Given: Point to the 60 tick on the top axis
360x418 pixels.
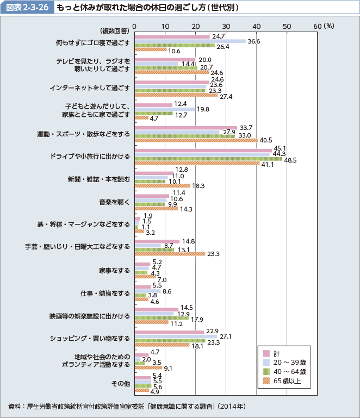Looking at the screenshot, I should point(318,26).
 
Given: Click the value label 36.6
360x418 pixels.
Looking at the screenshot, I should point(254,41).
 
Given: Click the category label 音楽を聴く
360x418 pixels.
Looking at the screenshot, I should point(115,202).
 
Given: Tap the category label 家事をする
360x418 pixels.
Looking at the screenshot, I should point(115,270).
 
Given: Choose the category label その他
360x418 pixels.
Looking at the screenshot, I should point(121,383).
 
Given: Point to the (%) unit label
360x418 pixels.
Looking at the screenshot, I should point(330,26).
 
